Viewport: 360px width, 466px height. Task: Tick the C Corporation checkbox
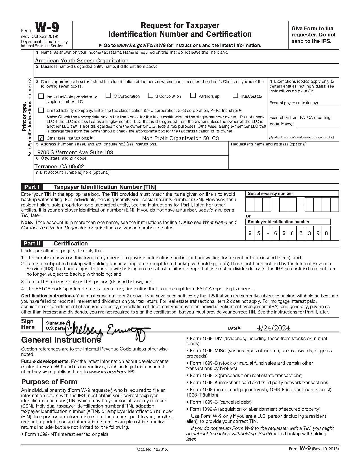[108, 96]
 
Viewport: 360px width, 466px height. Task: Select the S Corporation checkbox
[150, 96]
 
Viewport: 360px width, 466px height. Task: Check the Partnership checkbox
[193, 96]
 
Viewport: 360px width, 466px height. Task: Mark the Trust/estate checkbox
[235, 96]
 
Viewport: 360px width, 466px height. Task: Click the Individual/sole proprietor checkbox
[41, 96]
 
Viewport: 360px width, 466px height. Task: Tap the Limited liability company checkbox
[41, 110]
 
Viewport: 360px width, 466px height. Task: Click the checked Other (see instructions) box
[41, 138]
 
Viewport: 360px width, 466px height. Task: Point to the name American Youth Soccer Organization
[82, 60]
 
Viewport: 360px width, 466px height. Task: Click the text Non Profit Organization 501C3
[180, 138]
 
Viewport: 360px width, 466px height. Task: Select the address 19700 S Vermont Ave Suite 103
[74, 152]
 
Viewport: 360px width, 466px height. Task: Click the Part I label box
[32, 187]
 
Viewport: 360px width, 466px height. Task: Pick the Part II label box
[32, 243]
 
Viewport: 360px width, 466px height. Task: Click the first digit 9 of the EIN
[250, 234]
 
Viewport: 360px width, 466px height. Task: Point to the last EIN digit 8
[326, 234]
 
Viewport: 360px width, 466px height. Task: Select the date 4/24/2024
[273, 328]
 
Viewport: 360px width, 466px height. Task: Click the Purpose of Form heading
[49, 382]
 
